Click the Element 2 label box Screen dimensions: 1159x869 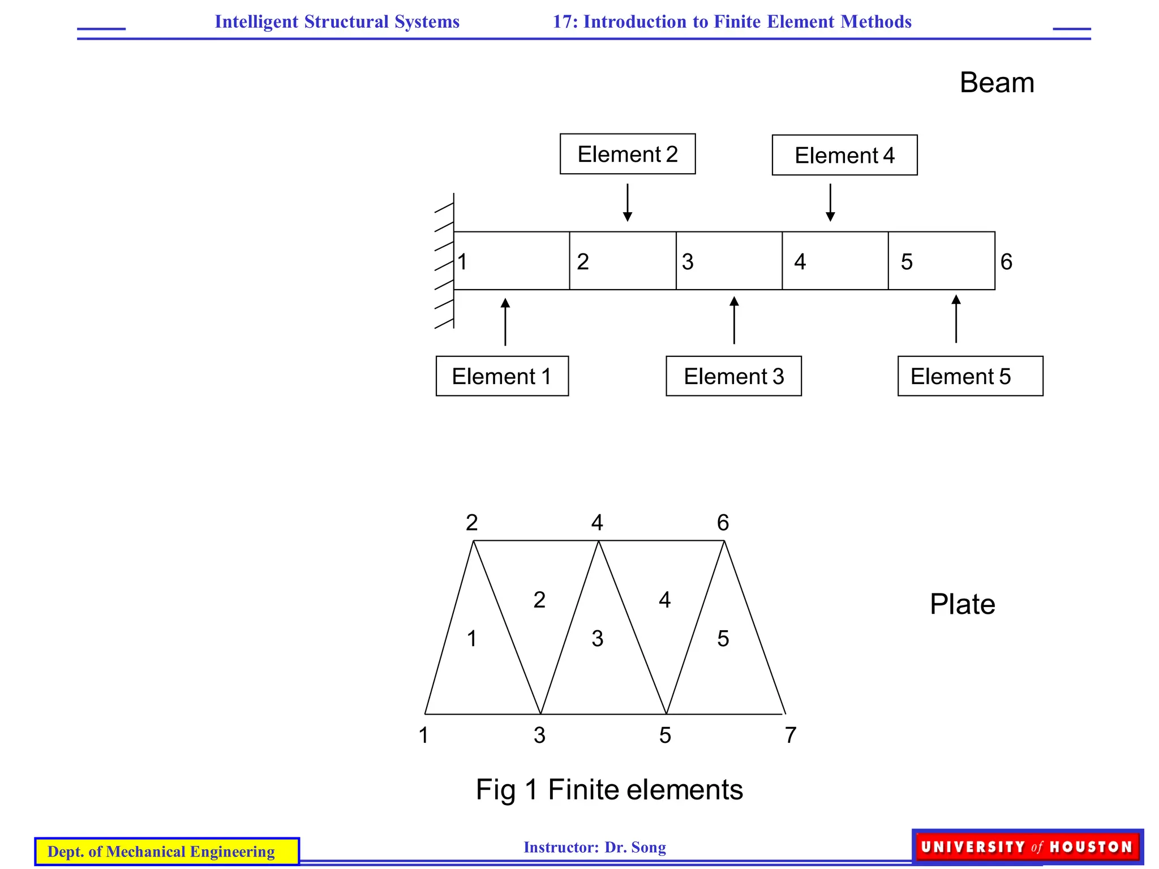(627, 154)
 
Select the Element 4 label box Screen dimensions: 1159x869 (844, 155)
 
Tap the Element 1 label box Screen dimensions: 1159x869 (502, 376)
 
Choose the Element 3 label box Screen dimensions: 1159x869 (733, 376)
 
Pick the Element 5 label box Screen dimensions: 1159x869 (970, 376)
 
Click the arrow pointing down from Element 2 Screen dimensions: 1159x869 (627, 202)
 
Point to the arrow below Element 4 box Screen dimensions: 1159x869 (830, 202)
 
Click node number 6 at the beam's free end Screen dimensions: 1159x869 (1006, 262)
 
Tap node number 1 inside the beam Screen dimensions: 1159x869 (462, 262)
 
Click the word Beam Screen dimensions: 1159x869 (997, 83)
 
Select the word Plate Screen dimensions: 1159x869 (962, 604)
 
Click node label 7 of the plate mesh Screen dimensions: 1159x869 (791, 735)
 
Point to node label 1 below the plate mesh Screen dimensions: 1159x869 (423, 735)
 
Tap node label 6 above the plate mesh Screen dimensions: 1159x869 (723, 522)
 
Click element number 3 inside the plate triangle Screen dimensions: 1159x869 (598, 639)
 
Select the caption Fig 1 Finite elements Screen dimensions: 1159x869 (609, 789)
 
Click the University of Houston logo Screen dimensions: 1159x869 (1027, 846)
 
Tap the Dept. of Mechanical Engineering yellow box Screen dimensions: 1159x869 (167, 851)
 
